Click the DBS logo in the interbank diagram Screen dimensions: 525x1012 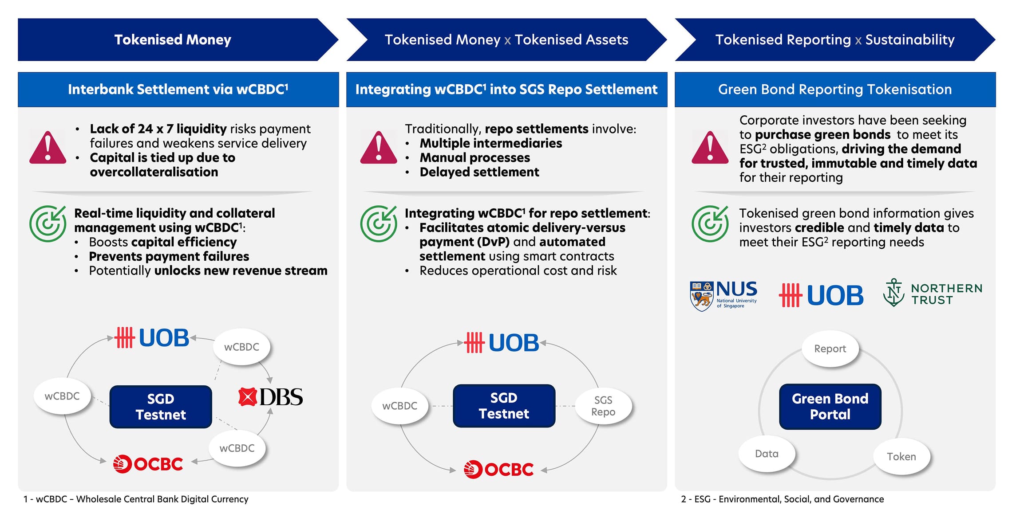pos(271,397)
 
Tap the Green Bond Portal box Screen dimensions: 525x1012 pos(830,406)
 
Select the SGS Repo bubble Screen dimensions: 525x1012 pos(603,406)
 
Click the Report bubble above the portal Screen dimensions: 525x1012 pos(830,349)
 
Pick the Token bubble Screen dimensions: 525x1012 pos(901,456)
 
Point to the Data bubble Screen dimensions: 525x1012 pos(767,454)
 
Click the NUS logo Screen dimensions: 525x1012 pos(723,294)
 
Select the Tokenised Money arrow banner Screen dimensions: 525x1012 pos(173,39)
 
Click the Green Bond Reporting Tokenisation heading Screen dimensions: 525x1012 pos(834,89)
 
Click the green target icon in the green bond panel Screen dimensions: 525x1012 pos(709,223)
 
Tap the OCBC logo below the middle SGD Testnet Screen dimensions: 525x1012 pos(498,469)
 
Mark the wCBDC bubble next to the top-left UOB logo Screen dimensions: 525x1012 pos(241,347)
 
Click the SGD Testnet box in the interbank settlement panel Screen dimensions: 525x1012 pos(161,407)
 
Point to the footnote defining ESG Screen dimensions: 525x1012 pos(782,499)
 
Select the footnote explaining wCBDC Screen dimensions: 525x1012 pos(136,499)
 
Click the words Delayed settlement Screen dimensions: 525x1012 pos(479,172)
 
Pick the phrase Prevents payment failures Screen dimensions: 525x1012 pos(169,256)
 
